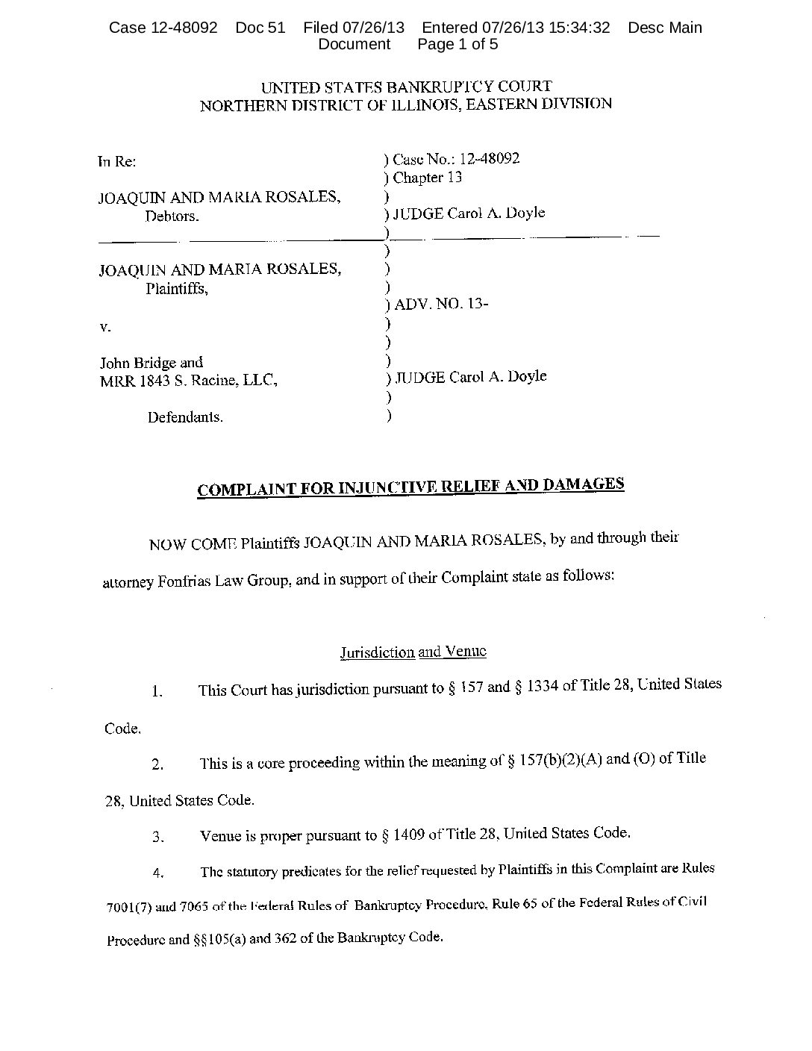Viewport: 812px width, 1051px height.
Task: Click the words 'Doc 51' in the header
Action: coord(260,28)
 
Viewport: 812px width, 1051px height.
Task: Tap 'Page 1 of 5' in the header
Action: coord(457,44)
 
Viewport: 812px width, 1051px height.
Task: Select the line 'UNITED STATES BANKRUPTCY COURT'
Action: coord(406,87)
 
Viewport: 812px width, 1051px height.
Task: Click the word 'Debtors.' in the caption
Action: coord(172,216)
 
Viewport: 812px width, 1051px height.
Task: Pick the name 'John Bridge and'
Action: coord(152,363)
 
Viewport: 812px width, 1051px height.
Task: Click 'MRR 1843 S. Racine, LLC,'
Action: coord(189,381)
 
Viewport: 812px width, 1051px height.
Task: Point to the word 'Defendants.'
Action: coord(185,417)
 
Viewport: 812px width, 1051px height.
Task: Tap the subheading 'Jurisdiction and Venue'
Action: coord(413,652)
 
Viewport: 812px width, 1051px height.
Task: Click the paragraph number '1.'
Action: coord(157,691)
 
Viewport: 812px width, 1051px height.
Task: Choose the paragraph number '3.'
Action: coord(157,838)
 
